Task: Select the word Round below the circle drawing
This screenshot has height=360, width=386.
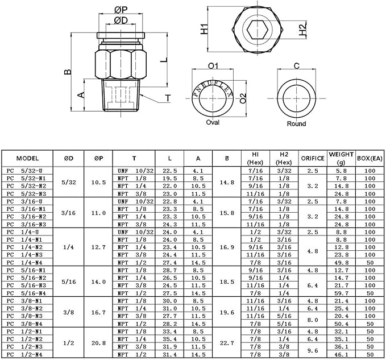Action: point(296,123)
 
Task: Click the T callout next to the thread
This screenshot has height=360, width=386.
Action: point(168,98)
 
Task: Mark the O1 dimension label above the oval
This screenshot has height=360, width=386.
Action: point(213,66)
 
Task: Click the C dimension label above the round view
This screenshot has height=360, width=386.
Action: point(296,66)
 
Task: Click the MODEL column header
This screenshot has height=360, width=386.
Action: point(27,158)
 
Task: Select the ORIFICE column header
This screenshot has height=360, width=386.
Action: point(313,158)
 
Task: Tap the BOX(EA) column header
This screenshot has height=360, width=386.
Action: point(370,158)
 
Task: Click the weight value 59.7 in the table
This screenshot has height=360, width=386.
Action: point(342,292)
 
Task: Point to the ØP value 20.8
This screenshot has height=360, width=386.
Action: point(99,344)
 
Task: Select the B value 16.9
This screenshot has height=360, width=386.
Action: point(227,247)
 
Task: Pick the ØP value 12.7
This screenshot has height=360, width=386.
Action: point(99,247)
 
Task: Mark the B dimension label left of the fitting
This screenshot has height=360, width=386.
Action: point(68,72)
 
